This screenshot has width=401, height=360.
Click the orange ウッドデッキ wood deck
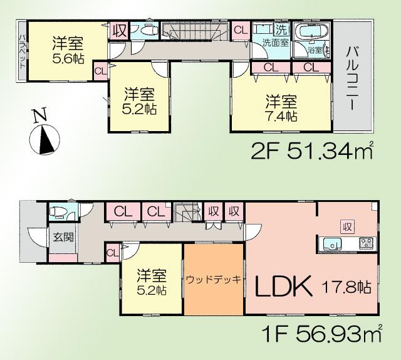[x=213, y=279]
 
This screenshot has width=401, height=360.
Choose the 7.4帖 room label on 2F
[x=280, y=109]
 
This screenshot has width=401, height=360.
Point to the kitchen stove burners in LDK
[x=365, y=243]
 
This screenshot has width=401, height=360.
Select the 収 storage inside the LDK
[x=345, y=226]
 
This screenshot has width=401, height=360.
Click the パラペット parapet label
[x=22, y=51]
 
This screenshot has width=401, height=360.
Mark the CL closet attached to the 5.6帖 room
[x=100, y=70]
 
